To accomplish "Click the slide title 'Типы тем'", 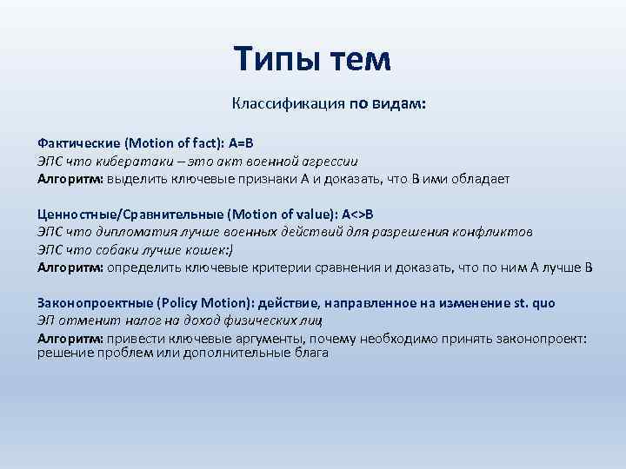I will coord(313,59).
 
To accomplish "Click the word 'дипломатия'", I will coord(136,233).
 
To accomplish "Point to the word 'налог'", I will coord(143,321).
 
